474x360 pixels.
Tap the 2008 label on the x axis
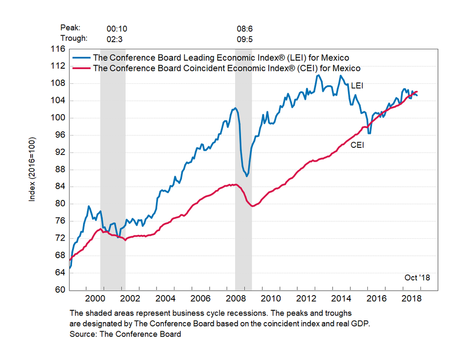point(235,298)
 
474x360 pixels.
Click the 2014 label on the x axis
point(341,298)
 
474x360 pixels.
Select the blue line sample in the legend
point(82,58)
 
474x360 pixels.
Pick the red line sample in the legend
point(82,68)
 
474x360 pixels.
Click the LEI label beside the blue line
point(356,86)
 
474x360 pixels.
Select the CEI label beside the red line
point(357,145)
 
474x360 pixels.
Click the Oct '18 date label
point(417,278)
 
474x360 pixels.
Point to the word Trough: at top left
point(74,39)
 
